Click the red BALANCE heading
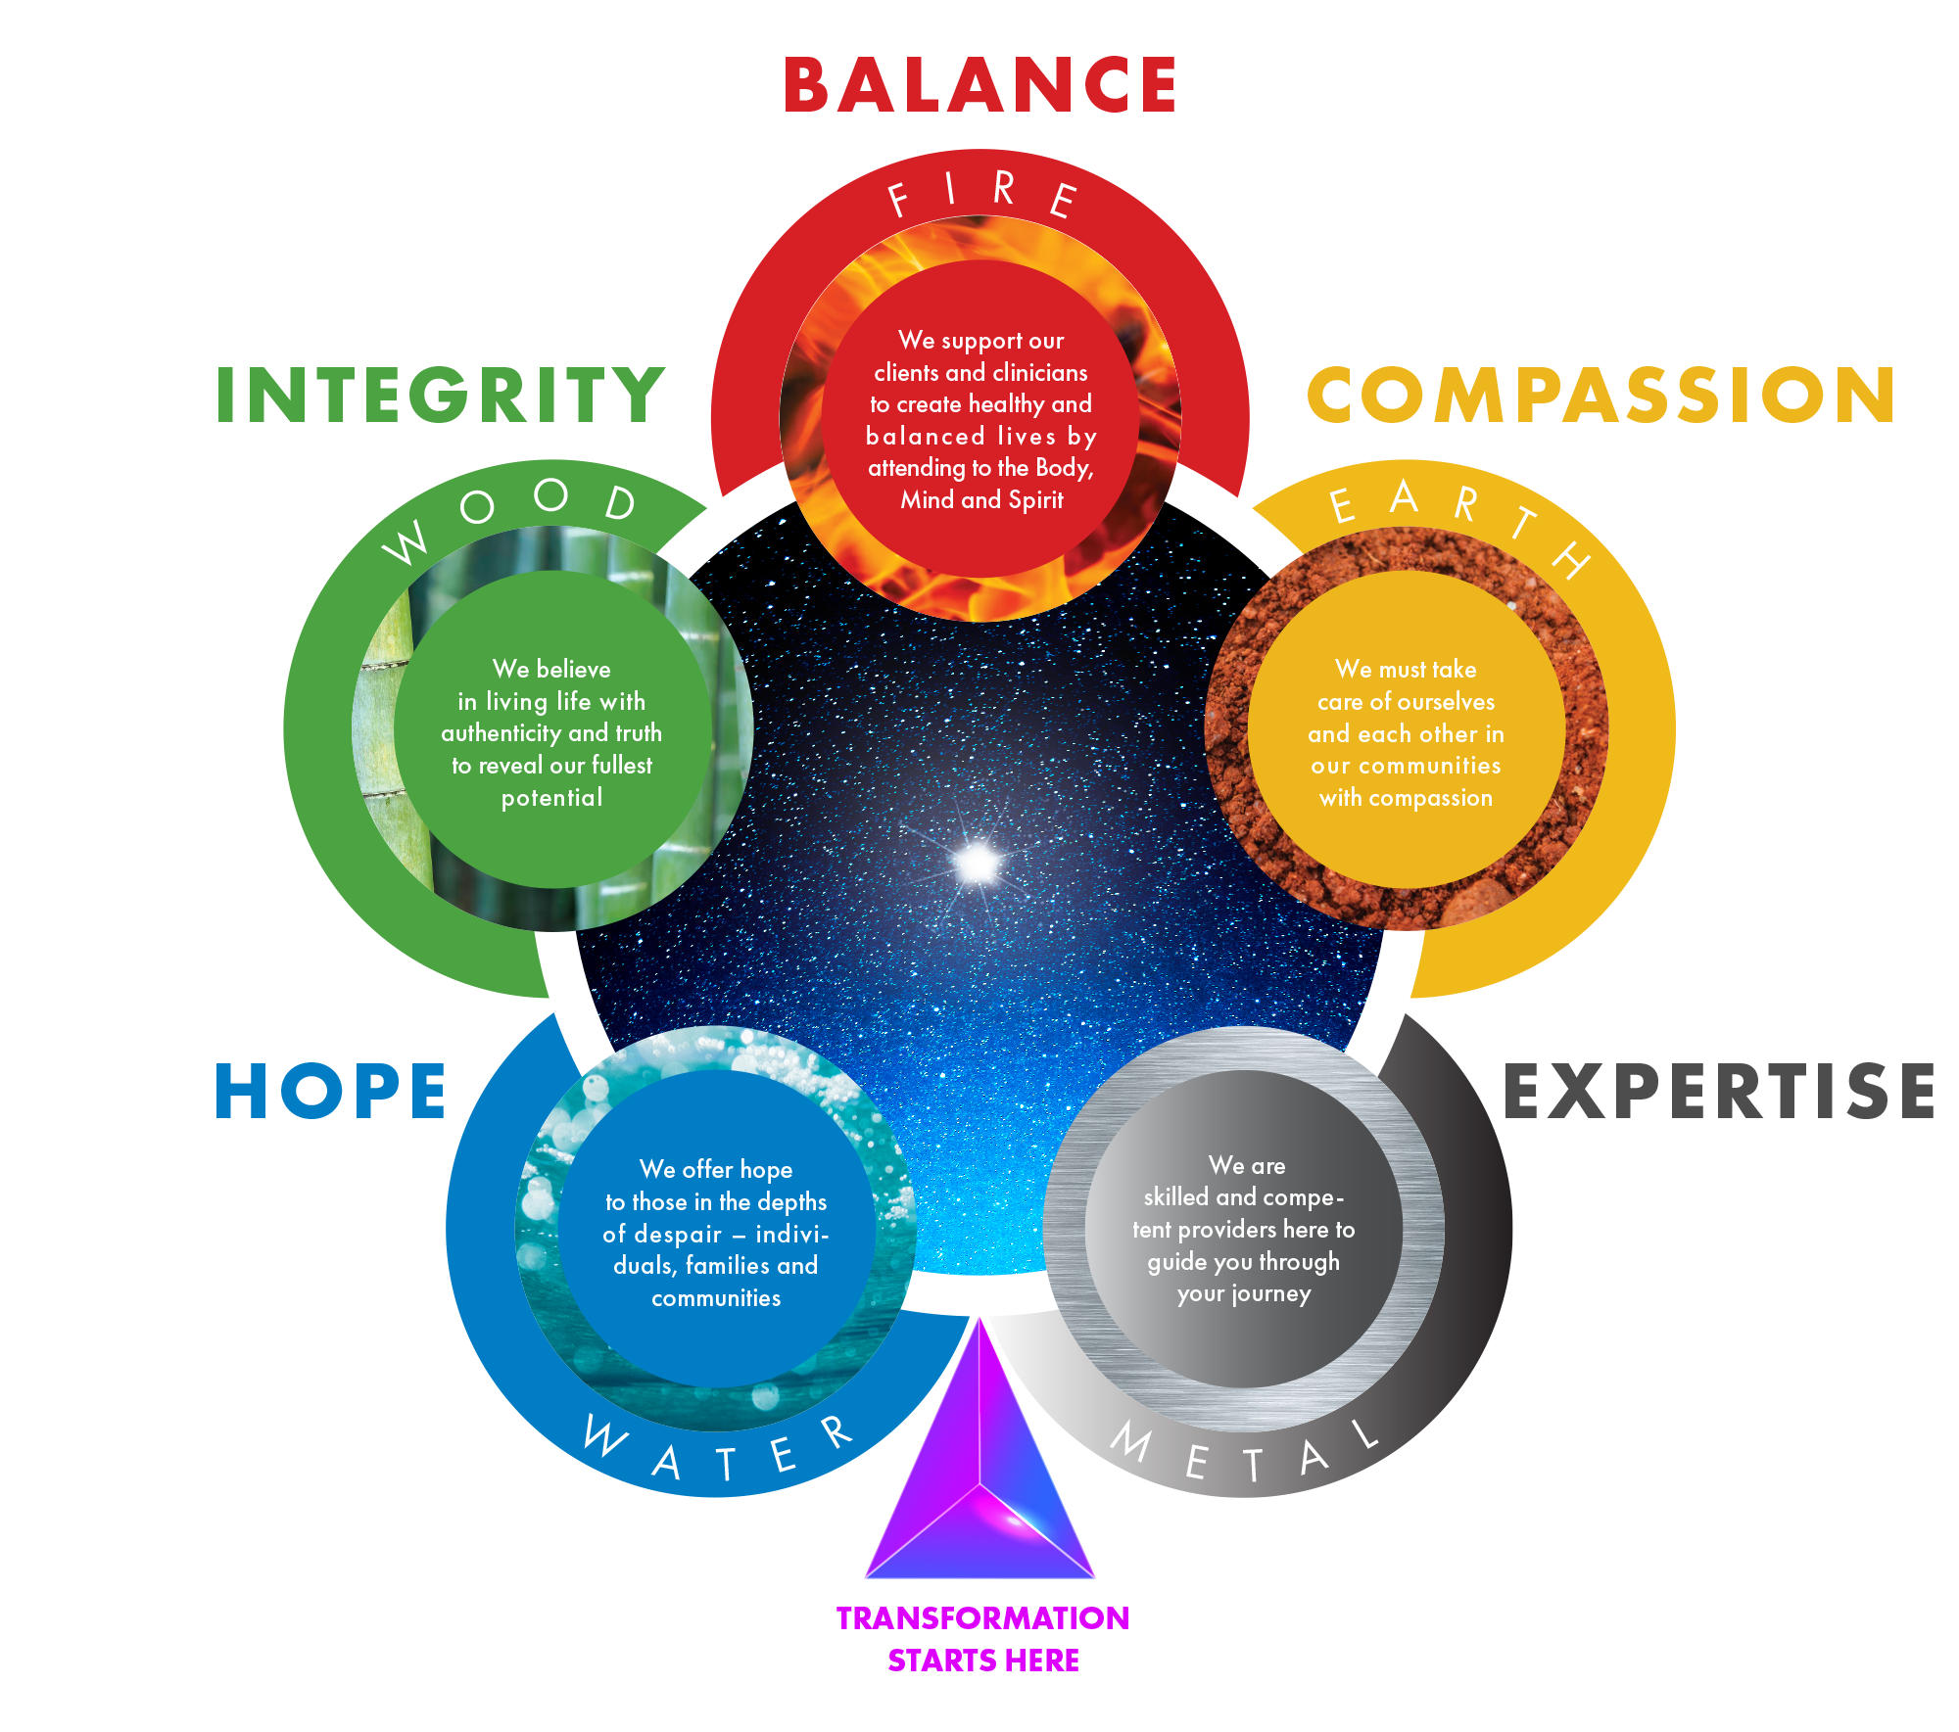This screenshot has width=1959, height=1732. pos(979,85)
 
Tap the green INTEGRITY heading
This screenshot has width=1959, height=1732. pos(441,396)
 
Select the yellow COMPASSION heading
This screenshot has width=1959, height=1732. pos(1601,396)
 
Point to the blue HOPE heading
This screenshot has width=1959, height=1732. pos(330,1092)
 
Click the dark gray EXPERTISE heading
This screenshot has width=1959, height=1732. pos(1719,1092)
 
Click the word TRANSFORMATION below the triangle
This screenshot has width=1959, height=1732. pos(982,1618)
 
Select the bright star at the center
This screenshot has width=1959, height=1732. pos(977,863)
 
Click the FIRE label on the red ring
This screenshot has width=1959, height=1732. pos(982,194)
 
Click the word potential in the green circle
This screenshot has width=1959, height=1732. pos(552,798)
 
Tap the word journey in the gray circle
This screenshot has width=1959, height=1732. pos(1270,1294)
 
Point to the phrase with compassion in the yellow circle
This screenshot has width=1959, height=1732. pos(1406,798)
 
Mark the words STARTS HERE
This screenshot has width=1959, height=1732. pos(982,1661)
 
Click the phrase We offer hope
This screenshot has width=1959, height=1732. pos(716,1169)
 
